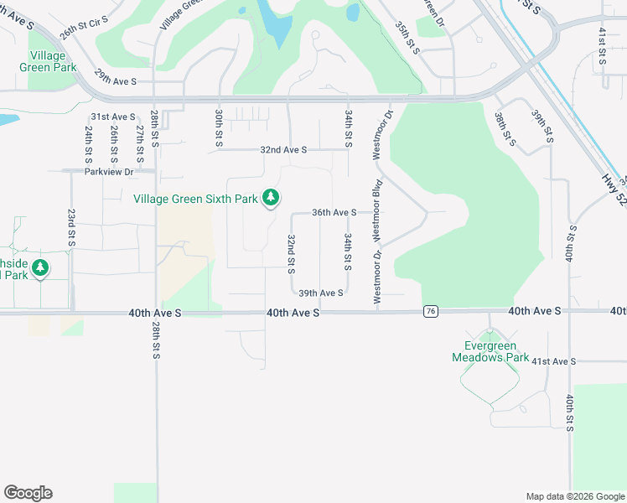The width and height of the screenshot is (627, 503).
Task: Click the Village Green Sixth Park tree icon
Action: click(x=270, y=198)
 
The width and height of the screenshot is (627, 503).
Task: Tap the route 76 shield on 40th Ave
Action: click(x=430, y=312)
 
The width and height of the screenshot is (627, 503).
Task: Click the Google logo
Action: click(x=28, y=493)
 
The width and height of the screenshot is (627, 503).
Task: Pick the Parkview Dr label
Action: click(x=109, y=172)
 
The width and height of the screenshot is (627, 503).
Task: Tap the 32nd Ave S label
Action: click(x=283, y=149)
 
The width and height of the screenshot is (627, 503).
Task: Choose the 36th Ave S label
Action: click(x=334, y=213)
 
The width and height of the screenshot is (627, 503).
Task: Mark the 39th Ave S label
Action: click(x=321, y=293)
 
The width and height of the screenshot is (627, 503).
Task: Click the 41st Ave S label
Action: click(x=553, y=361)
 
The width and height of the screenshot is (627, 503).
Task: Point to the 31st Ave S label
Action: click(x=113, y=117)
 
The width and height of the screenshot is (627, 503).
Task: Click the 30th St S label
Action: click(x=218, y=128)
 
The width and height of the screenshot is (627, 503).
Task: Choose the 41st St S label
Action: click(x=602, y=45)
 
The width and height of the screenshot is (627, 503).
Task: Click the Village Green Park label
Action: click(x=48, y=61)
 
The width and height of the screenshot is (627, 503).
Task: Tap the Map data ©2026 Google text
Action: click(x=574, y=495)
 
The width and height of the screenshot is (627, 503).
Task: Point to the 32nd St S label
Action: click(x=291, y=253)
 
